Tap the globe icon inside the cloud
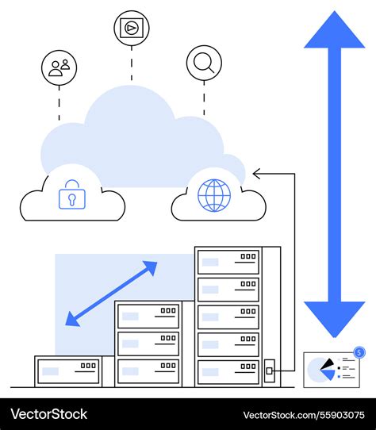pos(214,195)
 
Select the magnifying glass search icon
pos(204,63)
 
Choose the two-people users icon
pos(59,68)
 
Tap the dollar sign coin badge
pos(359,352)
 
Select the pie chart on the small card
pos(321,367)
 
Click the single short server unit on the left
pos(68,370)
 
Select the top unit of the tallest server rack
pos(228,262)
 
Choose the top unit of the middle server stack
pos(148,316)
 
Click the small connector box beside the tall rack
pos(270,369)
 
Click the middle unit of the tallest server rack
pos(228,317)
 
